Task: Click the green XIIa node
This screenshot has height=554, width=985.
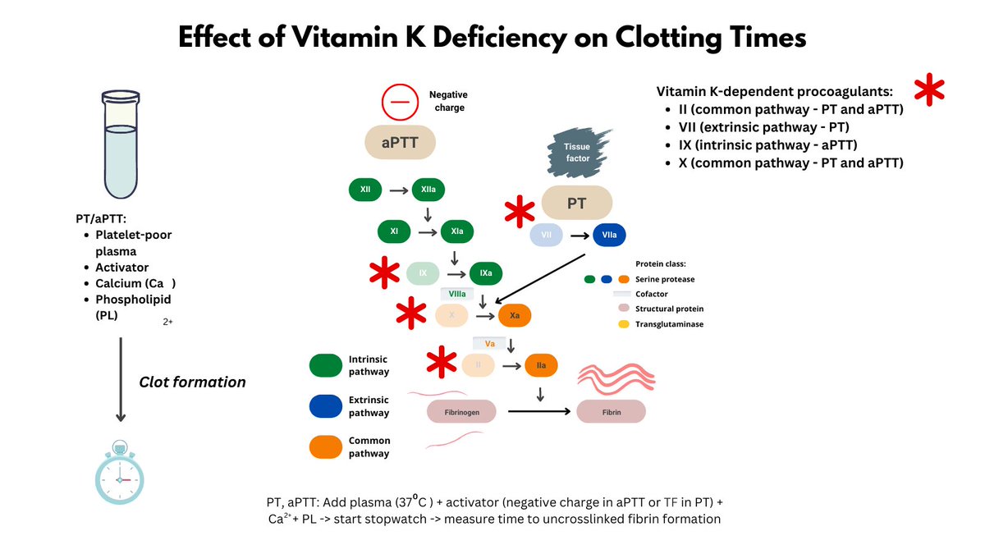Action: coord(428,190)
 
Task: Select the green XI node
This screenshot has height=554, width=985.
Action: coord(395,231)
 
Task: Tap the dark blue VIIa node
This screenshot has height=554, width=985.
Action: coord(609,236)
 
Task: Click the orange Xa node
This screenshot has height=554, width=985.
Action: coord(514,315)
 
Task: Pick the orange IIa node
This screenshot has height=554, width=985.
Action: coord(542,364)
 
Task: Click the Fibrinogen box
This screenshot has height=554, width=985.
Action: coord(462,410)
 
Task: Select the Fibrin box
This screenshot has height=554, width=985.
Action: coord(611,410)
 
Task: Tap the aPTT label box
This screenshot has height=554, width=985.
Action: coord(401,143)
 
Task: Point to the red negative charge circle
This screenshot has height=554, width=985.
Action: coord(400,103)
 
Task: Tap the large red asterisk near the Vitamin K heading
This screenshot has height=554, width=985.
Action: coord(929,89)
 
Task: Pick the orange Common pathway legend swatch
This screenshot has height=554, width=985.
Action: coord(327,446)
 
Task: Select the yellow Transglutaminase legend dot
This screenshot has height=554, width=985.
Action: coord(624,324)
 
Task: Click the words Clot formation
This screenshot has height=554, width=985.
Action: coord(192,382)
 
